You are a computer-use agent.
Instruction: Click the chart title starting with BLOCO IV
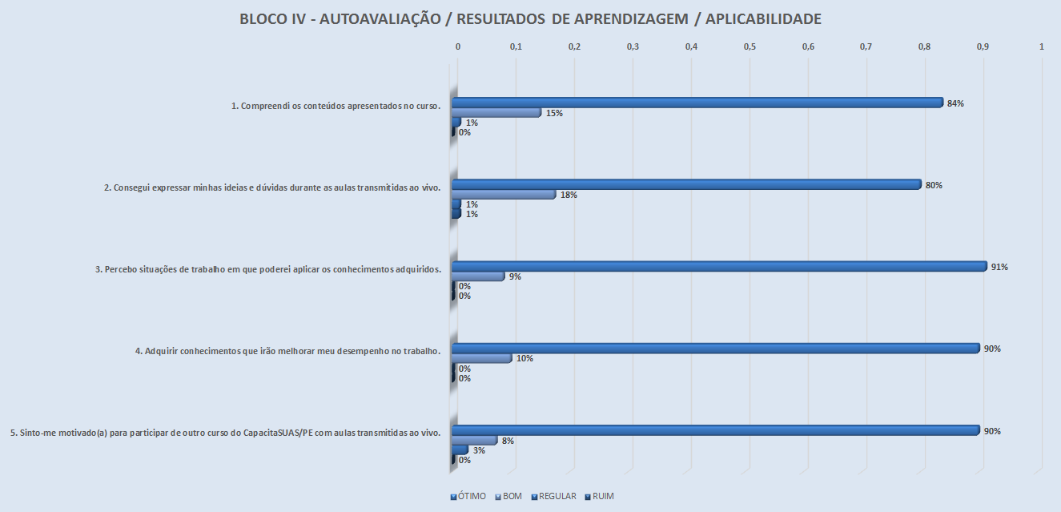click(530, 19)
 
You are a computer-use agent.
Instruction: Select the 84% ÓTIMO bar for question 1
click(697, 103)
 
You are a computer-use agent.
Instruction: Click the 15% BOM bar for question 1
click(496, 113)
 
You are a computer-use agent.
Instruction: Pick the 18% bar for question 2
click(504, 195)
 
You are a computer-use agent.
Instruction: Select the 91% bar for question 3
click(719, 267)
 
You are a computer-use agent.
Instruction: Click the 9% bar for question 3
click(478, 276)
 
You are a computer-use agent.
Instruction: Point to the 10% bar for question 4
click(481, 358)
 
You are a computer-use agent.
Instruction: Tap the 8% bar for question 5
click(475, 441)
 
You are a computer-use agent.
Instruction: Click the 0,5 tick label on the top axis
click(750, 48)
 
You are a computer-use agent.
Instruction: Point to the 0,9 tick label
click(983, 48)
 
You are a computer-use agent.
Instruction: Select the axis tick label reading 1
click(1041, 48)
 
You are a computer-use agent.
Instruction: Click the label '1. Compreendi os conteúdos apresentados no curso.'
click(336, 106)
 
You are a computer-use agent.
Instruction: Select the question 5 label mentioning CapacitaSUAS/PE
click(226, 433)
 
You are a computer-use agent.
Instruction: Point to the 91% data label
click(999, 267)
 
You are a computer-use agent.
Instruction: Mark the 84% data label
click(954, 103)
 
